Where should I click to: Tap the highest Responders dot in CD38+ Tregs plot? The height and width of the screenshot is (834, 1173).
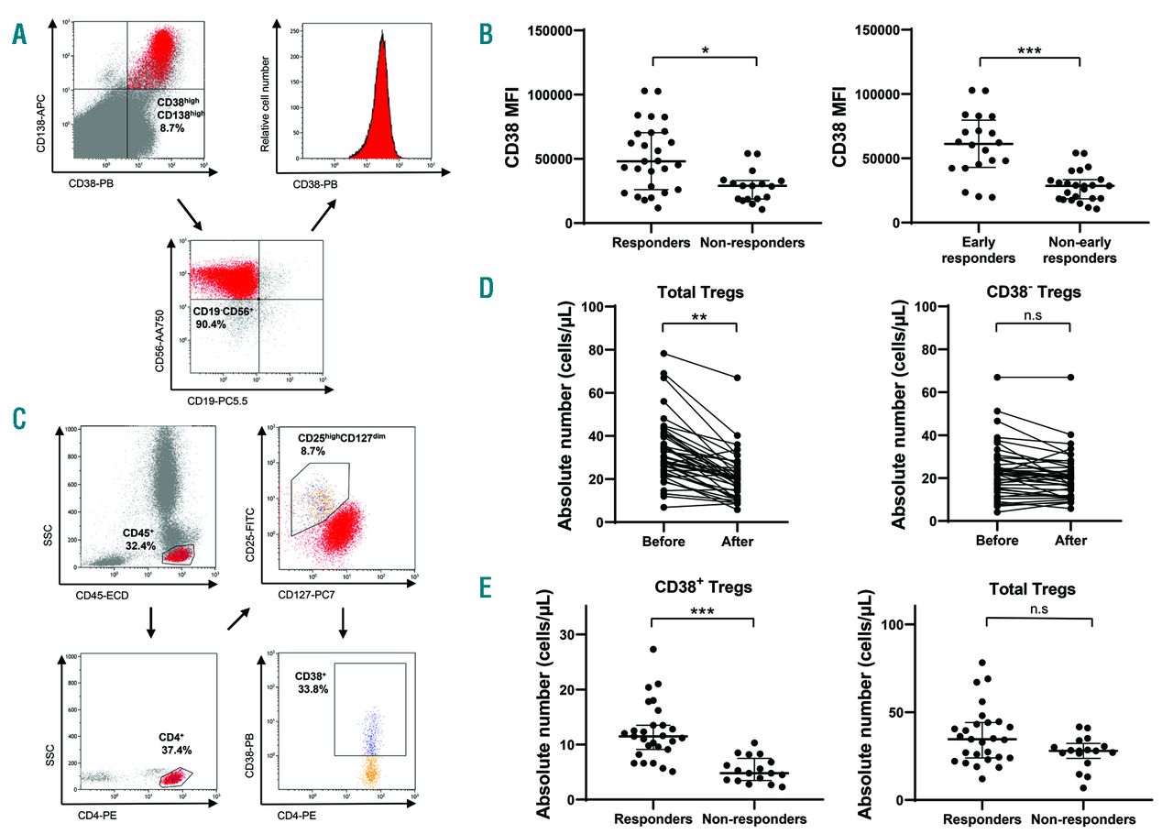point(652,650)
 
